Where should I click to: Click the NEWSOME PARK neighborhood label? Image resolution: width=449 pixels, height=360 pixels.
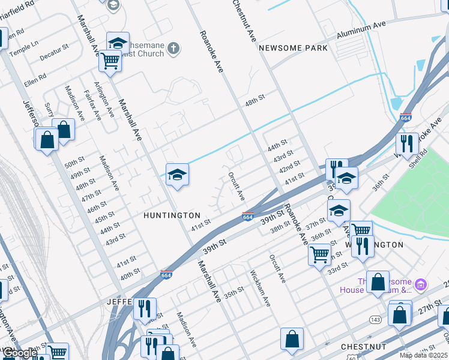(293, 48)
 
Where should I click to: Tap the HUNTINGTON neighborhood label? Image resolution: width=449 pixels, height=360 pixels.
(172, 215)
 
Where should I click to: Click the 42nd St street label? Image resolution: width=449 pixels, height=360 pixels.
(289, 166)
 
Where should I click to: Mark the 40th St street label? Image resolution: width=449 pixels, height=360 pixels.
(130, 273)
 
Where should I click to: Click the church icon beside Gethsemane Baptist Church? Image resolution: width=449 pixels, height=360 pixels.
(173, 48)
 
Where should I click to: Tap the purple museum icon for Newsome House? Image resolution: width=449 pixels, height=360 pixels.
(421, 283)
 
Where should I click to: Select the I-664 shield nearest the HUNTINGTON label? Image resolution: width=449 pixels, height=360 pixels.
(247, 216)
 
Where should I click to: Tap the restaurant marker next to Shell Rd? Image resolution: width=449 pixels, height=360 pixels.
(407, 143)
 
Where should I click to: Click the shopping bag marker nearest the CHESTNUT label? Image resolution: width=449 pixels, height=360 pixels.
(292, 338)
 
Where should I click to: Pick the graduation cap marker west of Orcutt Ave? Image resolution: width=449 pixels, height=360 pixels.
(177, 175)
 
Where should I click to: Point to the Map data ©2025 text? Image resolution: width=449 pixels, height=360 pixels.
(423, 355)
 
